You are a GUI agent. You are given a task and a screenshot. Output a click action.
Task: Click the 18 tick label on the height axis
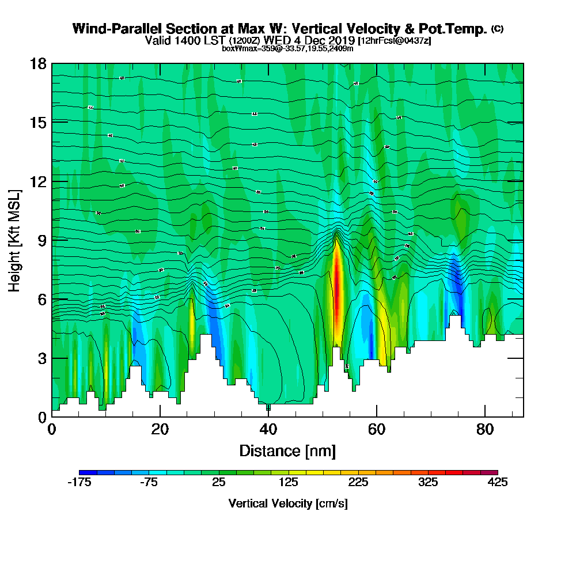[38, 63]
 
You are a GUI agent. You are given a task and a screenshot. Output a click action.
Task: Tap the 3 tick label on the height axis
[41, 358]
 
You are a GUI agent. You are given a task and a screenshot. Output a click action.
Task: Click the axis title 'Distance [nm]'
[287, 450]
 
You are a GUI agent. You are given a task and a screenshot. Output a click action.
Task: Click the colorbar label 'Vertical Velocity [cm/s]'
[288, 503]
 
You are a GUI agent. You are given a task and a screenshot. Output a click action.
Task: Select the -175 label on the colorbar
[79, 483]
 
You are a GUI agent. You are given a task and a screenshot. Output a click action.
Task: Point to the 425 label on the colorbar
[498, 483]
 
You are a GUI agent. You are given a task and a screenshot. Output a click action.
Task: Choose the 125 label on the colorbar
[288, 483]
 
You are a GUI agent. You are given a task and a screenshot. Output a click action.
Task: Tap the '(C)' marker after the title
[497, 29]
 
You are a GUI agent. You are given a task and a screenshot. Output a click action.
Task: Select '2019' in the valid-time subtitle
[339, 40]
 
